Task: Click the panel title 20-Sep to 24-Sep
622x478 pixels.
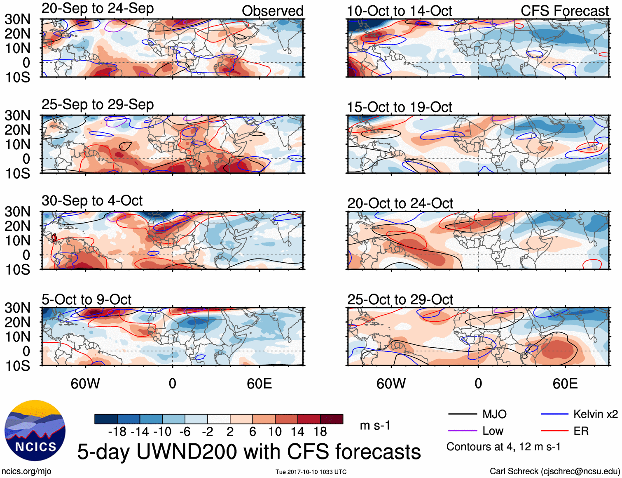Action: click(x=98, y=8)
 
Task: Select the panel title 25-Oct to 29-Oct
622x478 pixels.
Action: click(x=400, y=299)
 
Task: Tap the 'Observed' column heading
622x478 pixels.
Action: click(x=272, y=11)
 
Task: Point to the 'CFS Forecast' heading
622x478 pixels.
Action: click(x=564, y=11)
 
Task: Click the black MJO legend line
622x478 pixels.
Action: click(x=462, y=414)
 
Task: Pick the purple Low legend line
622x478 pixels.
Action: click(x=462, y=431)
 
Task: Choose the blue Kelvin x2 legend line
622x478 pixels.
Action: click(x=554, y=414)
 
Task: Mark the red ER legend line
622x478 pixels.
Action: click(x=554, y=431)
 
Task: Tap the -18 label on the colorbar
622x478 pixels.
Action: click(x=117, y=432)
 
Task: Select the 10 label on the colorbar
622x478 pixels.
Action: click(x=275, y=432)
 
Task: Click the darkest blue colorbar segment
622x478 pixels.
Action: click(x=105, y=419)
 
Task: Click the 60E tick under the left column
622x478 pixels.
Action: click(x=260, y=384)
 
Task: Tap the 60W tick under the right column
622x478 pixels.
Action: click(x=391, y=384)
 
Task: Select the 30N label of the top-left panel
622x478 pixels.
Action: click(x=18, y=19)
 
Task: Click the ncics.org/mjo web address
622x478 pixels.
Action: click(x=26, y=471)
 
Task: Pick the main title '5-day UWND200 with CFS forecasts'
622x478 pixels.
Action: click(x=249, y=452)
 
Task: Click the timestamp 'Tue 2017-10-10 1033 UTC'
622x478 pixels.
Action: click(x=311, y=472)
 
